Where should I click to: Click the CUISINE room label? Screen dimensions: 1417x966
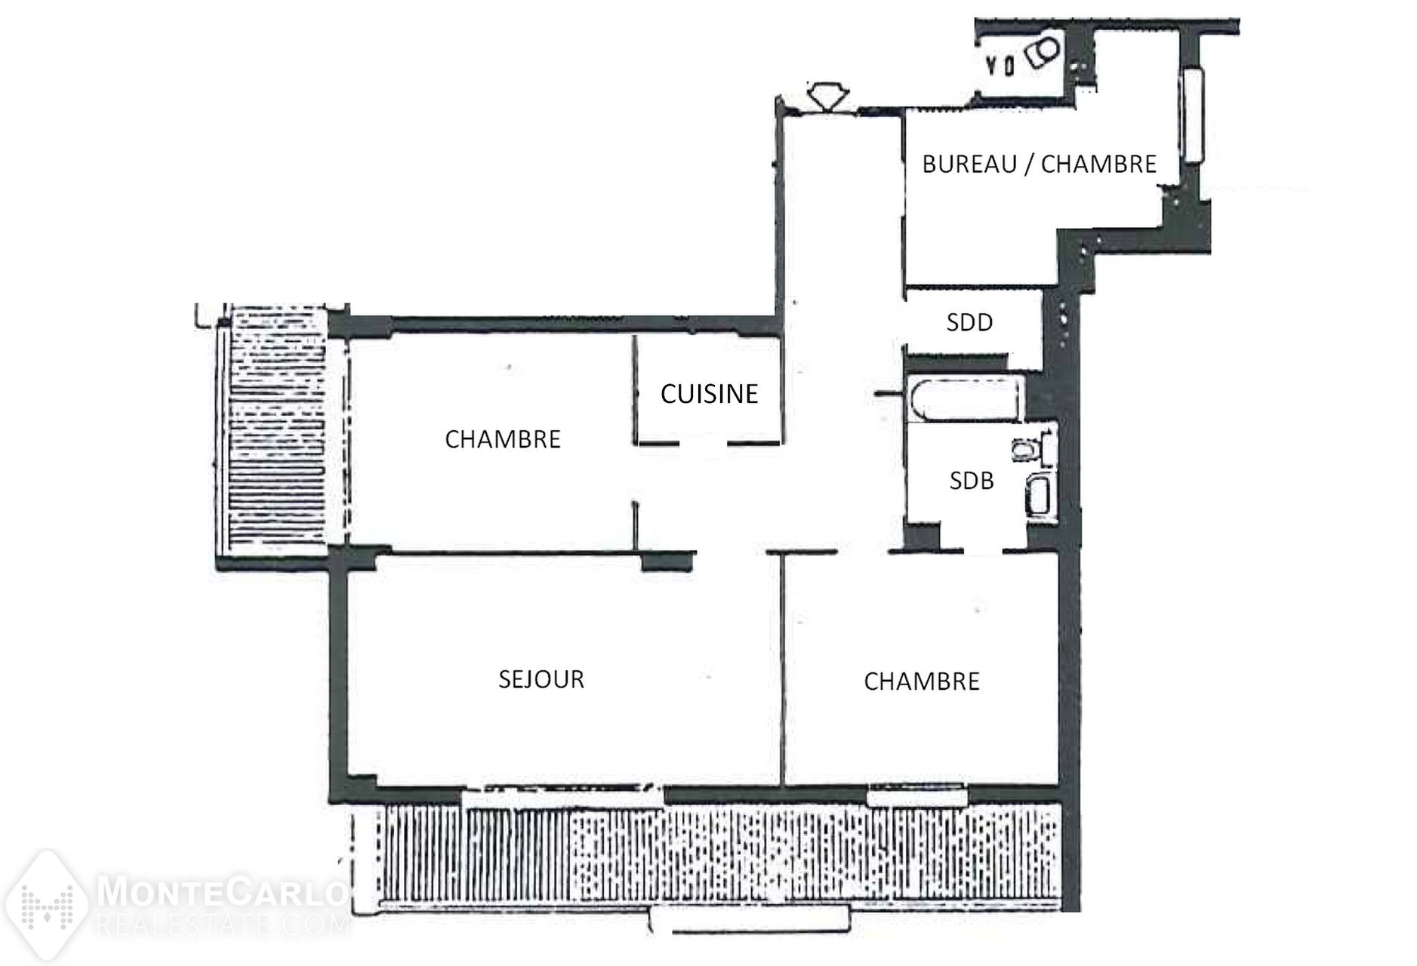(x=709, y=393)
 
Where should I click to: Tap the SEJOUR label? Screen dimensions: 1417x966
(x=541, y=679)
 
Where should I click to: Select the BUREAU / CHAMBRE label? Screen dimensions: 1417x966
(x=1040, y=164)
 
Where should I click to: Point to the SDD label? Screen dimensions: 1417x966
(x=969, y=322)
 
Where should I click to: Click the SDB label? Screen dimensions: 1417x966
(x=972, y=481)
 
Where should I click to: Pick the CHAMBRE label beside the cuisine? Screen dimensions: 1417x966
(x=503, y=439)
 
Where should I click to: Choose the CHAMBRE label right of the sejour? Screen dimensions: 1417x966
(x=922, y=681)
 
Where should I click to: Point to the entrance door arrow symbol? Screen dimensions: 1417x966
(x=827, y=96)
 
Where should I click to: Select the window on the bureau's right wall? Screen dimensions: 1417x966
(x=1192, y=115)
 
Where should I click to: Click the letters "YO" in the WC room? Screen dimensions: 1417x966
(x=1000, y=66)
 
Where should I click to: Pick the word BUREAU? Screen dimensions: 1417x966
(x=969, y=164)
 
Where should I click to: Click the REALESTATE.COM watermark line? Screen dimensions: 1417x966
(x=223, y=924)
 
